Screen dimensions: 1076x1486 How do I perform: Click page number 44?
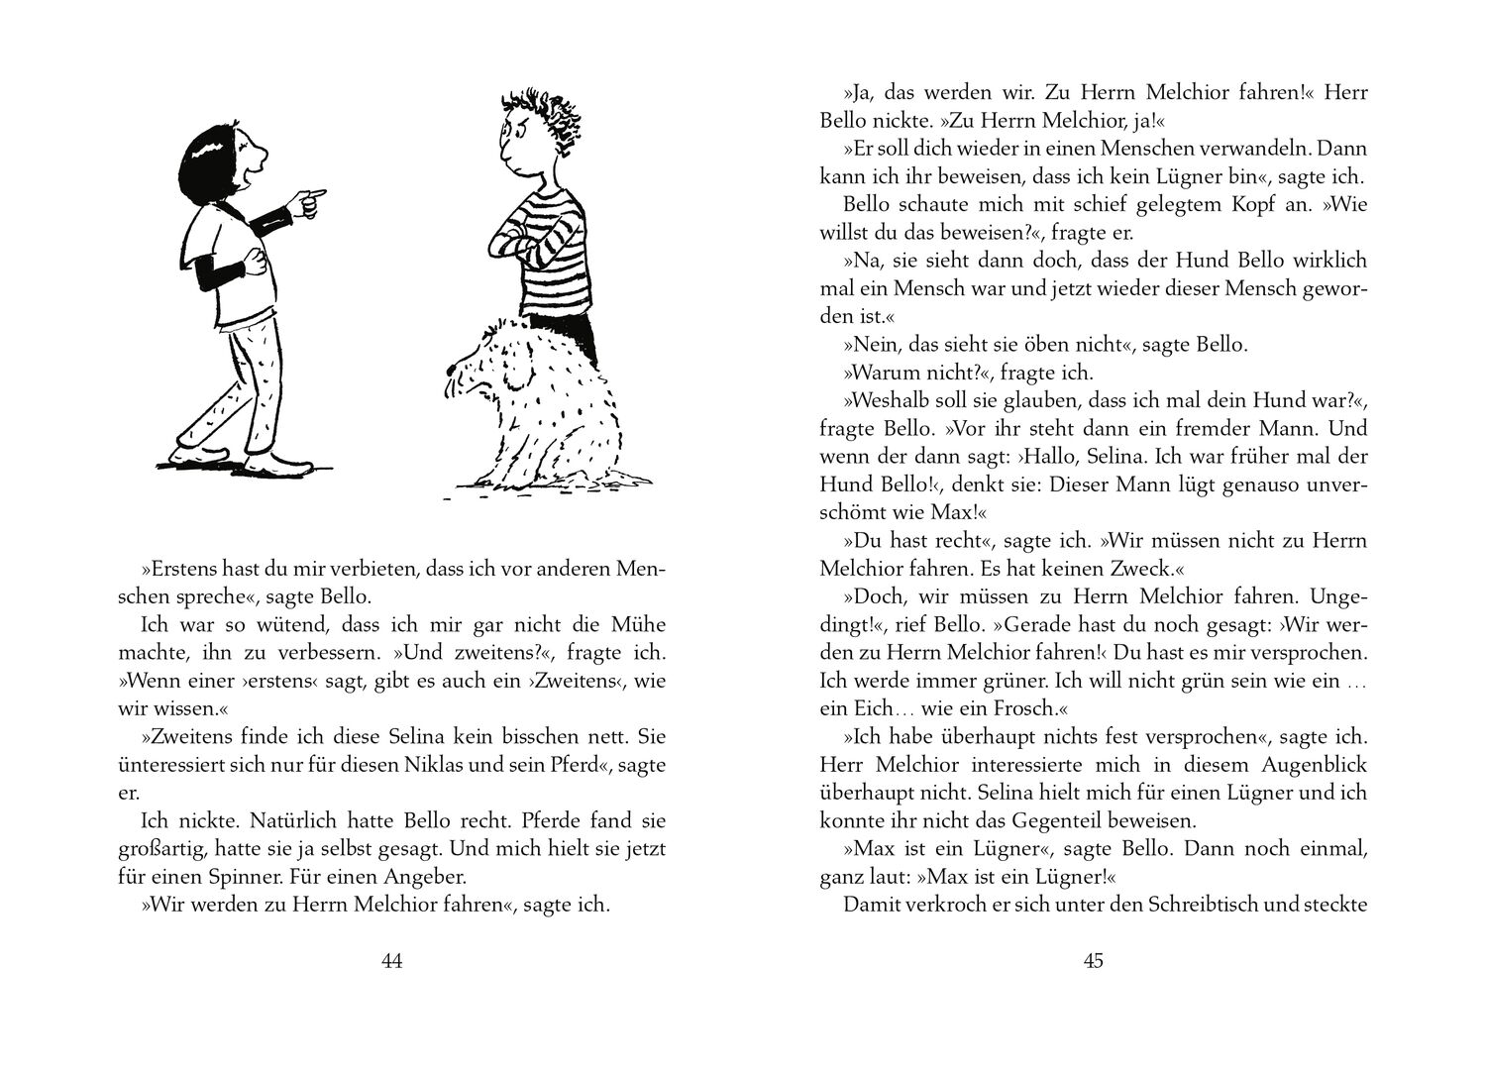[391, 960]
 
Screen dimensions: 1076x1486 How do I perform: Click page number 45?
[1094, 960]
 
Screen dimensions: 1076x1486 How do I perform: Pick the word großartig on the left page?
[173, 849]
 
